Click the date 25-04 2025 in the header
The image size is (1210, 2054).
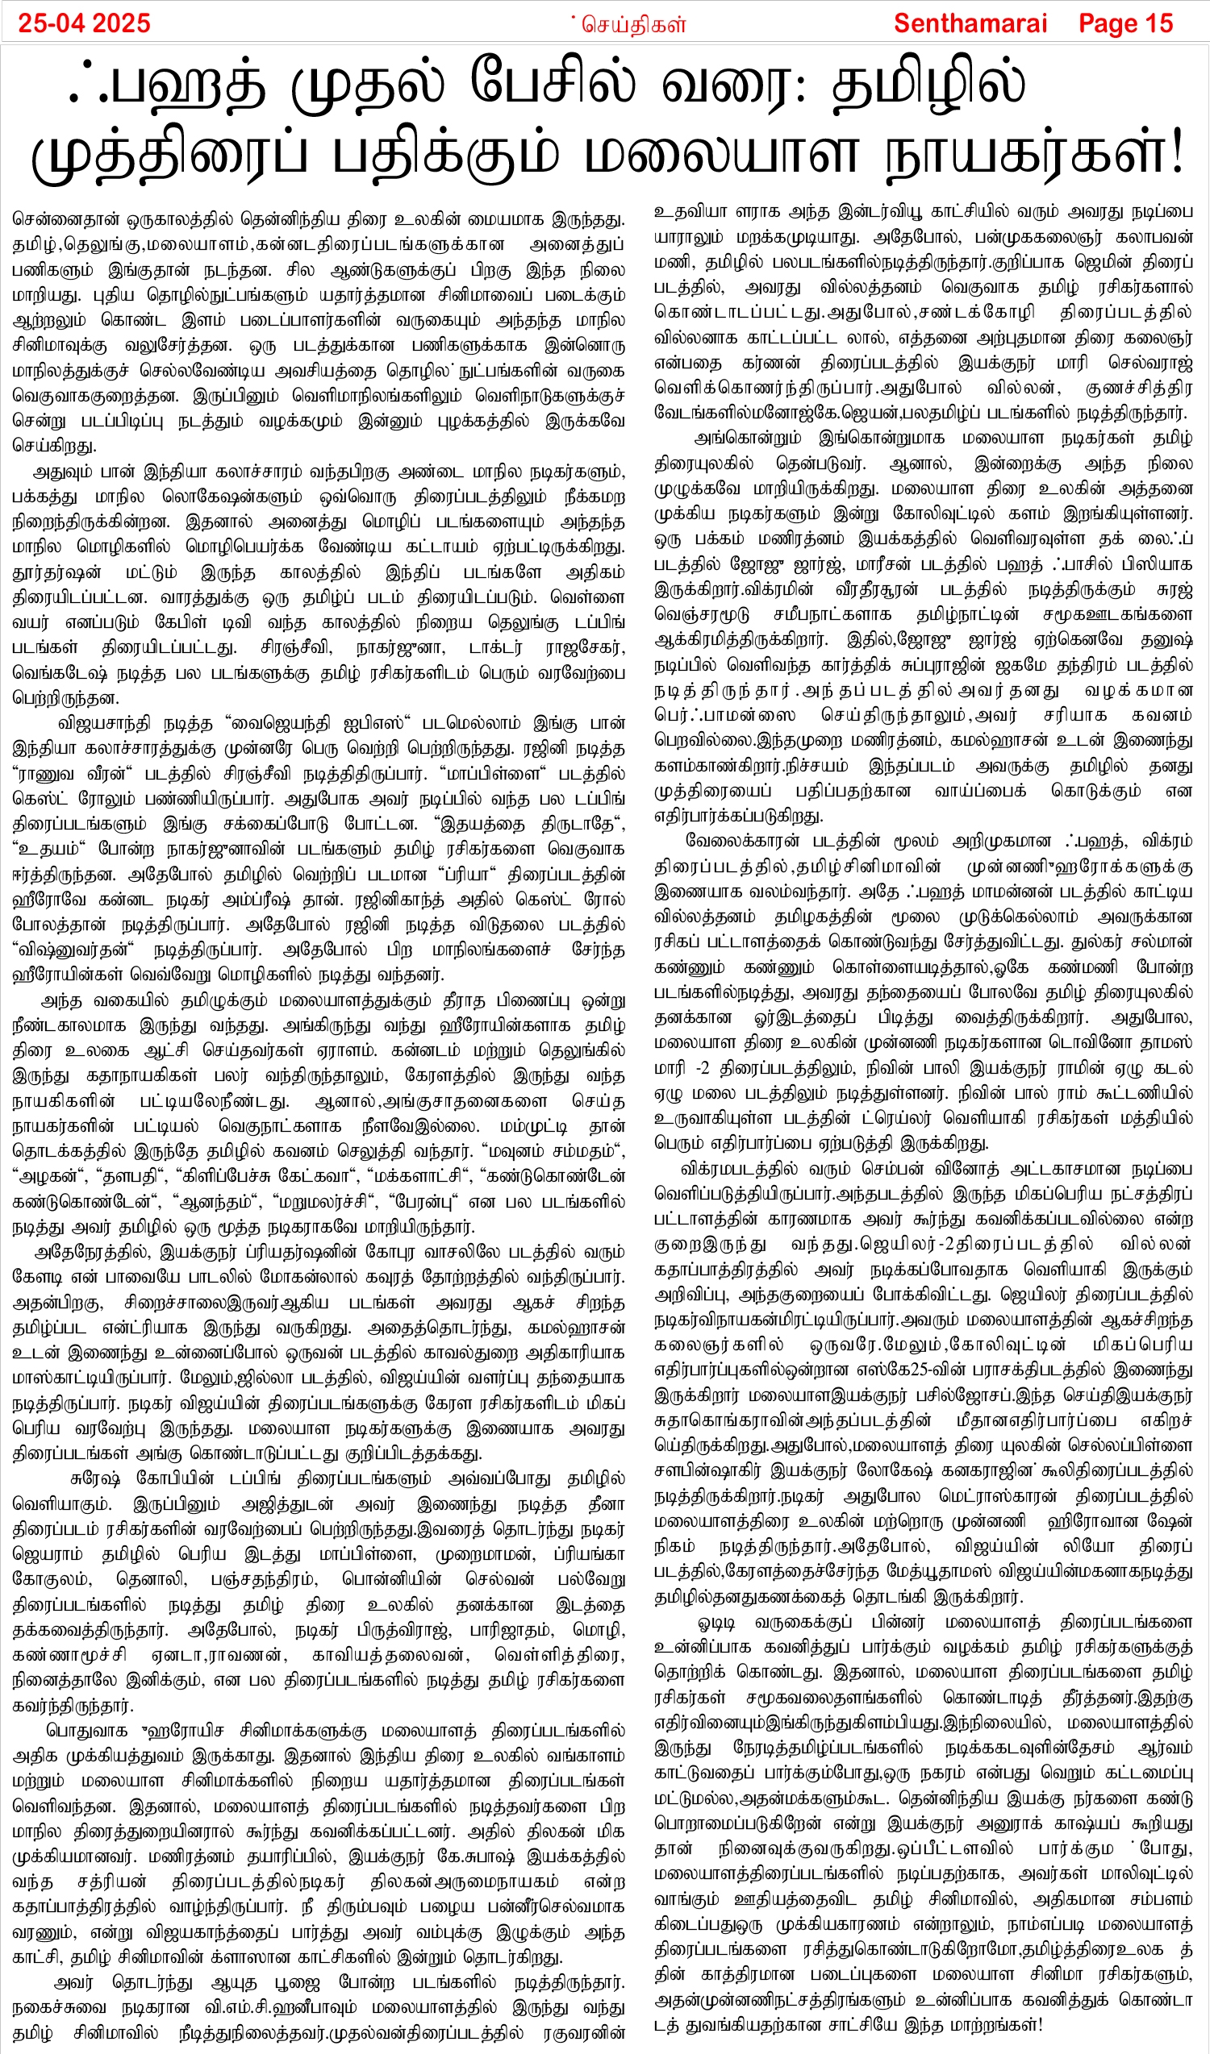[84, 22]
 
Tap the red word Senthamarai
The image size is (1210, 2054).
[970, 23]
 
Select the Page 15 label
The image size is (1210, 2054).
[1125, 23]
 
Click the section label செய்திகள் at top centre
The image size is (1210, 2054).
[633, 24]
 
